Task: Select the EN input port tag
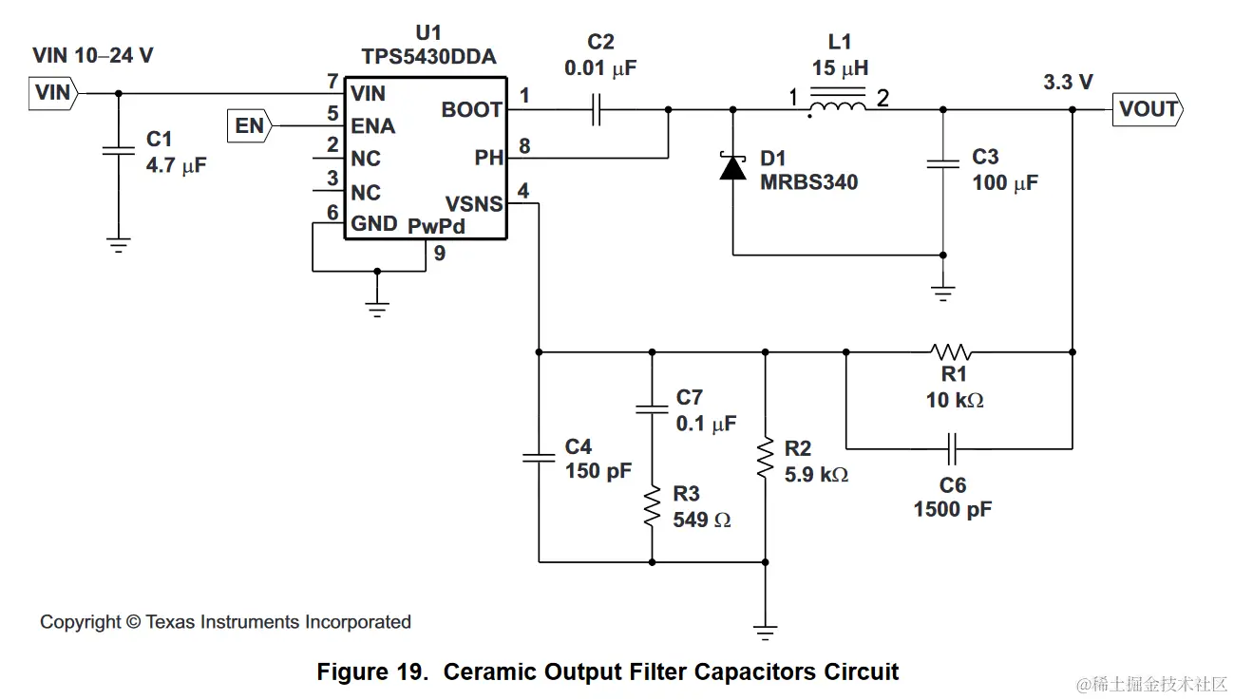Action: click(x=250, y=125)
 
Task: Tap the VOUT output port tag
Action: click(x=1148, y=109)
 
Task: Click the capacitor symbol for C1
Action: click(x=118, y=150)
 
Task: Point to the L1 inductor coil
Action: click(x=837, y=109)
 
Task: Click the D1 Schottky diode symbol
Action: click(x=732, y=168)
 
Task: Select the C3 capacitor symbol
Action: click(x=942, y=164)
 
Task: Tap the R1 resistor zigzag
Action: click(x=951, y=352)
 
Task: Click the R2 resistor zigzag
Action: click(x=765, y=457)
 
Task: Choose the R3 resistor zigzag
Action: click(x=652, y=506)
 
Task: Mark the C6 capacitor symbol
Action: click(x=953, y=447)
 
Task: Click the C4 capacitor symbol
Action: click(x=539, y=458)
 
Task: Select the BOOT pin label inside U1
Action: click(x=471, y=110)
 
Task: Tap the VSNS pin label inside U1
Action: click(x=474, y=203)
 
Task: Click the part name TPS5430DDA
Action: click(x=429, y=57)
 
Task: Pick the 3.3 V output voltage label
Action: click(x=1068, y=83)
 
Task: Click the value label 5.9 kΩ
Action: click(x=816, y=474)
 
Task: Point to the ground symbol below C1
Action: click(x=118, y=245)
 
